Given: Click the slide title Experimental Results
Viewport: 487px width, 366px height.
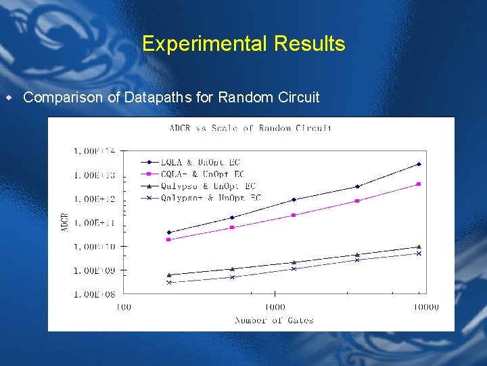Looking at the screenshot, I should tap(243, 44).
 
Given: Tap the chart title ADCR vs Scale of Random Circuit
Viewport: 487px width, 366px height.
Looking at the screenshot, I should tap(250, 128).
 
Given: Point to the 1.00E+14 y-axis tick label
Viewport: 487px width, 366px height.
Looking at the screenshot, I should tap(95, 151).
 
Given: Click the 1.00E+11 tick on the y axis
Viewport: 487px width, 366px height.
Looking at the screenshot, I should tap(95, 222).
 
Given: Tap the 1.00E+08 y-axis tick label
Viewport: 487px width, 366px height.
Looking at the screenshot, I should tap(95, 294).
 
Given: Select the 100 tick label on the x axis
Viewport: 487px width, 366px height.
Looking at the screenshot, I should tap(123, 307).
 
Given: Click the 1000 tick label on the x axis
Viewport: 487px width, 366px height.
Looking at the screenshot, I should tap(274, 307).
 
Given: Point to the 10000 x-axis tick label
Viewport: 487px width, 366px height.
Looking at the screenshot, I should tap(425, 307).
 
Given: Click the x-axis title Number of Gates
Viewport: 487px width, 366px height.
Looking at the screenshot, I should tap(274, 320).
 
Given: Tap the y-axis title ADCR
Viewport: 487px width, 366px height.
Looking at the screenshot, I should tap(65, 222).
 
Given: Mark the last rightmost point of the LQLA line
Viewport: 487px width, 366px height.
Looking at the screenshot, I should tap(419, 164).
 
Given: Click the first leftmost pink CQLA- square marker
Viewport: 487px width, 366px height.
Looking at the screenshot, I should tap(168, 239).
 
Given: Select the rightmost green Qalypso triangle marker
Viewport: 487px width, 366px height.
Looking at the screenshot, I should tap(419, 247).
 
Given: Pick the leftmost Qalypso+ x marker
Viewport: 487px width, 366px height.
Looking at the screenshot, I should tap(168, 283).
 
